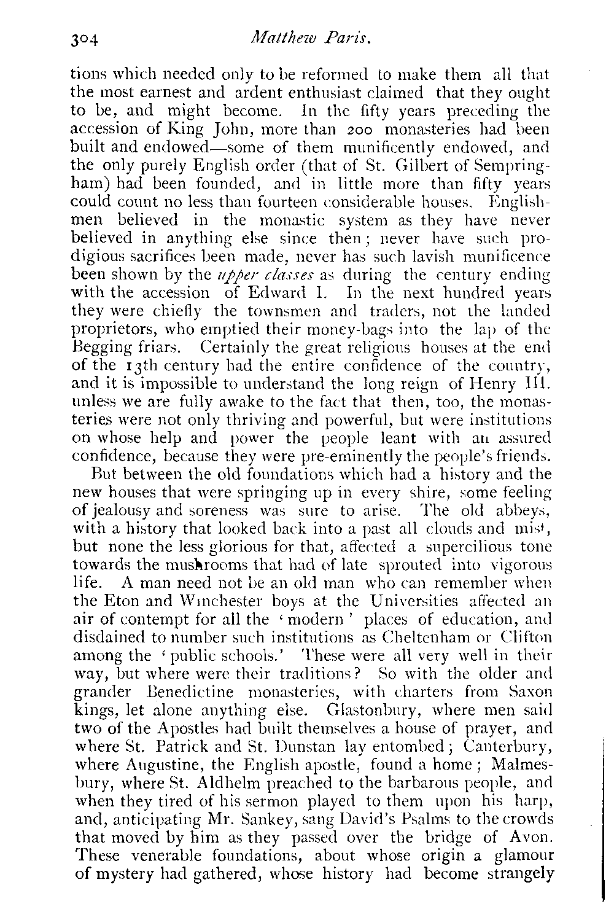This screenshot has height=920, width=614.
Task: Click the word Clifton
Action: click(x=521, y=636)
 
